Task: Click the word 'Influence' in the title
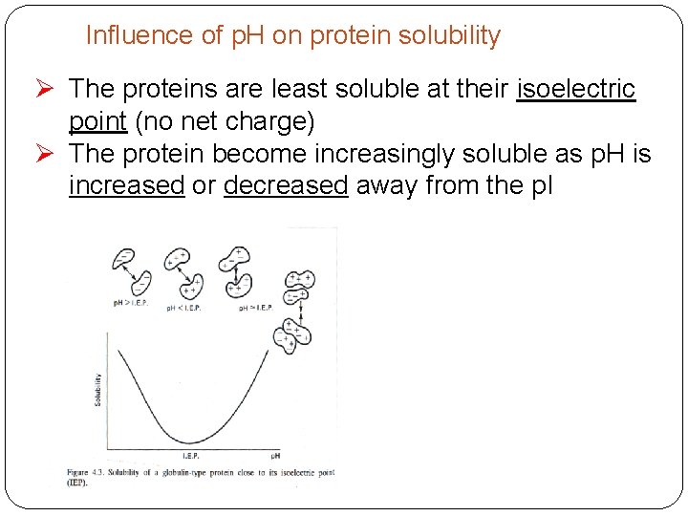(126, 36)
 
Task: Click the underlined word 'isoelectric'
(575, 90)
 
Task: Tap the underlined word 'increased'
(126, 185)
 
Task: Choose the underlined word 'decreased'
(285, 185)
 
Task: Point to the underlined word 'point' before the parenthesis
(97, 123)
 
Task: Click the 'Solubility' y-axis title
(97, 389)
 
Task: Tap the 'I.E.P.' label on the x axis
(191, 456)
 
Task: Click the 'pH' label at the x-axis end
(274, 456)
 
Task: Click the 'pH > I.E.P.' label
(130, 303)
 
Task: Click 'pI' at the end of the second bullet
(540, 185)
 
